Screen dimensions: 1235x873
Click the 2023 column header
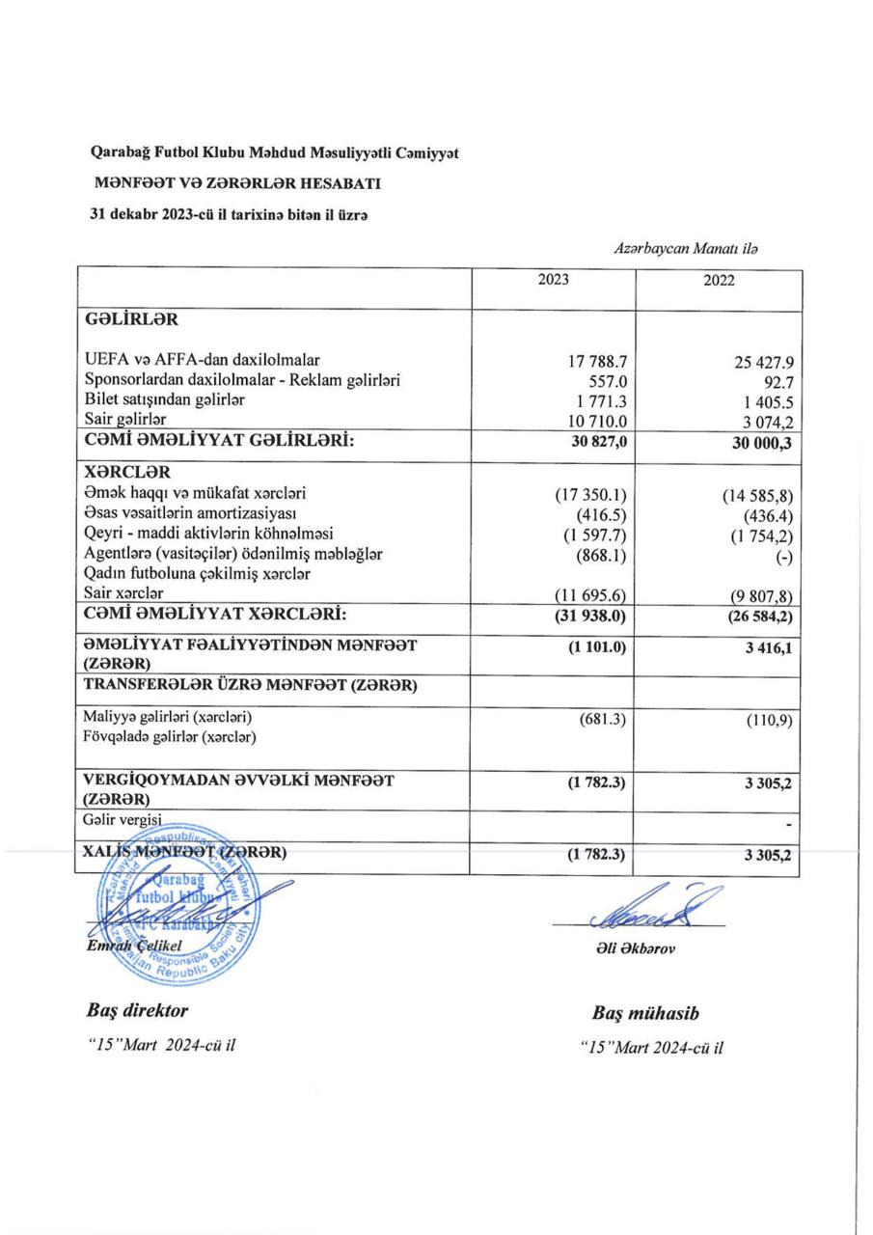[554, 280]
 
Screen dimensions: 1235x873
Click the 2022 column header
[718, 282]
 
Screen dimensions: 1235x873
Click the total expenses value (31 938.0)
[589, 613]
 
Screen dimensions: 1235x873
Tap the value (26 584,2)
[755, 615]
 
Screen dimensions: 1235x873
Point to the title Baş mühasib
[645, 1014]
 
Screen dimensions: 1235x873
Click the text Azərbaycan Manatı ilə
[685, 249]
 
